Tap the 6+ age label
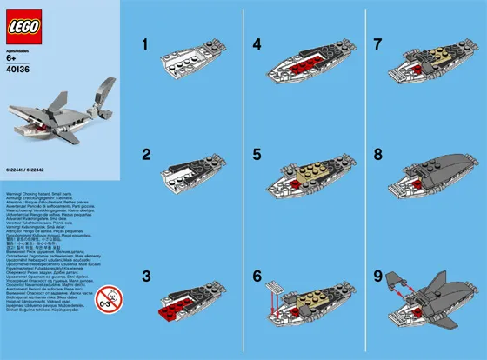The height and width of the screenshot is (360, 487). [15, 60]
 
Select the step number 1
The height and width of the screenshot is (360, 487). [147, 43]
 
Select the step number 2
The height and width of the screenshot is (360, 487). [147, 154]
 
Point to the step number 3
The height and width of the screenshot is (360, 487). [147, 277]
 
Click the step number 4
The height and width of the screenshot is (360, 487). [258, 43]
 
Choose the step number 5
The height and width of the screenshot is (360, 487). [258, 154]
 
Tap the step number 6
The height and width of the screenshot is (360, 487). [258, 277]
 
